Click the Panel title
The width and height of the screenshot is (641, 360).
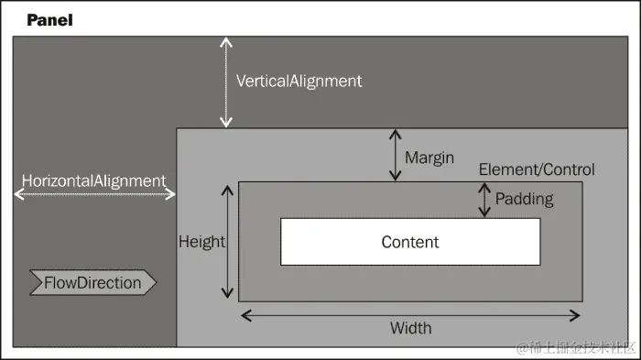coord(49,19)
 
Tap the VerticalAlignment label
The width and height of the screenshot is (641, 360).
coord(299,81)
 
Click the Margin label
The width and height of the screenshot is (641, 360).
coord(429,158)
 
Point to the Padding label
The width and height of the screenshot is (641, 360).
coord(524,198)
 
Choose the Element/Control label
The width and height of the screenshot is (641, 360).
coord(537,169)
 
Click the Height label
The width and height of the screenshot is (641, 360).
coord(201,242)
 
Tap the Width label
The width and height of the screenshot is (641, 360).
coord(410,328)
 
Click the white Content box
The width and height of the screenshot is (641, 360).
coord(410,242)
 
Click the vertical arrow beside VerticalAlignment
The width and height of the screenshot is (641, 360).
coord(225,82)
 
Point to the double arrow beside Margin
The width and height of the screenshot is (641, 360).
coord(394,157)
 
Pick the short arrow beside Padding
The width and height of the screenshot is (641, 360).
coord(484,200)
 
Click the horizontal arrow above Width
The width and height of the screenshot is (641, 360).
coord(410,315)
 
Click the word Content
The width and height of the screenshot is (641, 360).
coord(410,242)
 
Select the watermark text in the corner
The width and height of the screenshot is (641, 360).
coord(577,347)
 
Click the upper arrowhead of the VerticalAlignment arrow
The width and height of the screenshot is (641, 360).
coord(225,42)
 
